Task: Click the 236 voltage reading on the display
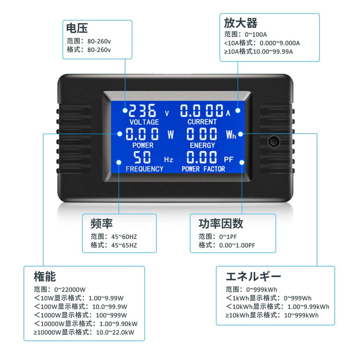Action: (142, 111)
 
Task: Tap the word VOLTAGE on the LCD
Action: (144, 122)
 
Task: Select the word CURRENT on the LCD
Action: (202, 122)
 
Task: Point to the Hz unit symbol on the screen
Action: (169, 160)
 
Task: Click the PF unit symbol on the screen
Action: (229, 159)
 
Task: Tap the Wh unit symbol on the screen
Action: (231, 135)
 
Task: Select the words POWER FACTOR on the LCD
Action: (203, 169)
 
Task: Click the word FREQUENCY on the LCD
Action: (144, 169)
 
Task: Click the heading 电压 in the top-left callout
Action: (77, 28)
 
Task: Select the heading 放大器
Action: (241, 23)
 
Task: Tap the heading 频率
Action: (102, 223)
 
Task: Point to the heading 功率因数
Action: (221, 223)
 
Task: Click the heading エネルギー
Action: (253, 276)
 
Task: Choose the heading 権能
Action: (45, 276)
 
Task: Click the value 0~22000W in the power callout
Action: (70, 290)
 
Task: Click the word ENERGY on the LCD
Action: (202, 145)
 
